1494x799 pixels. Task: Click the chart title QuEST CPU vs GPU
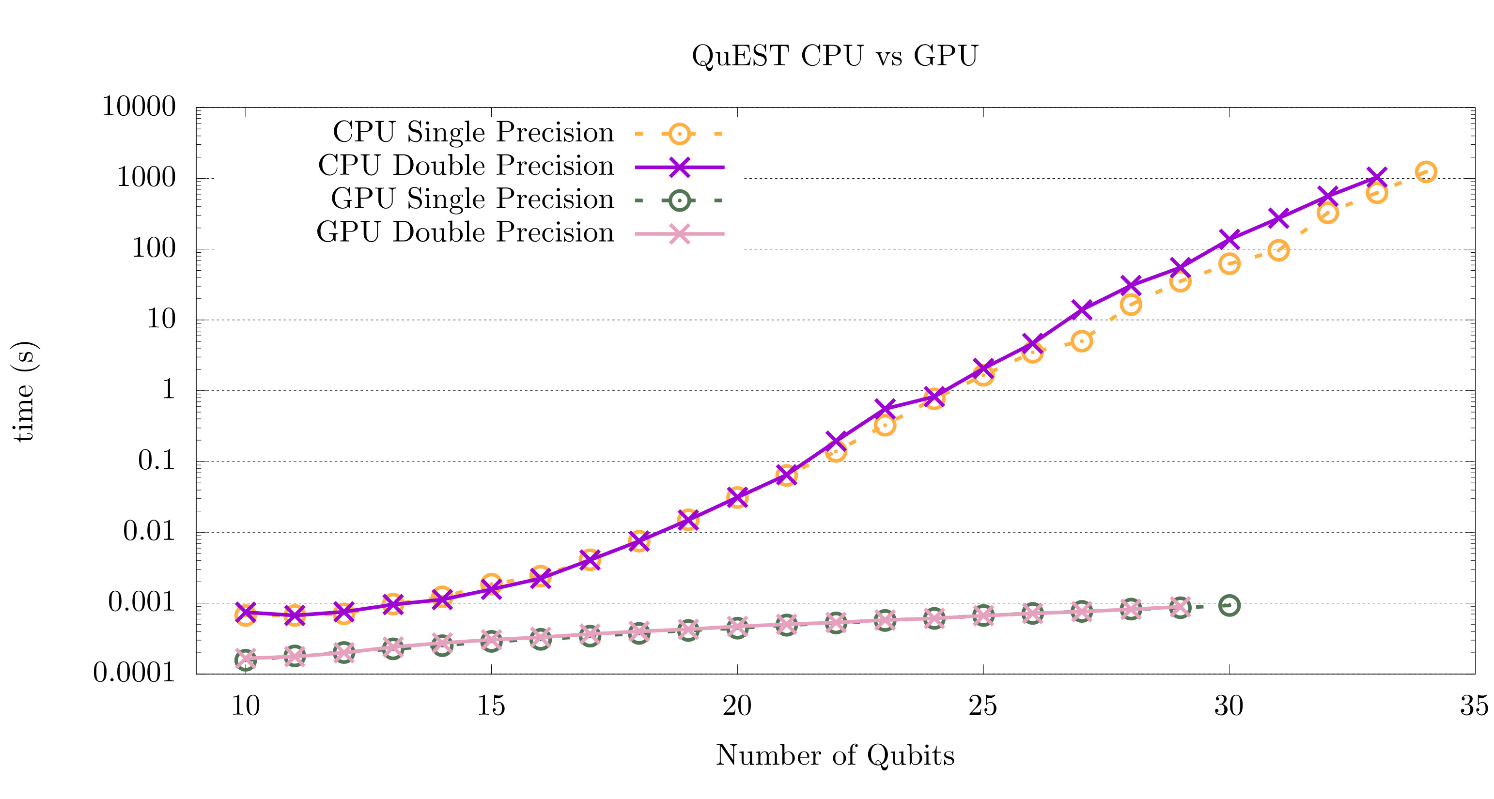click(x=835, y=56)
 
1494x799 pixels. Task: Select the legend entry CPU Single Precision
click(x=473, y=133)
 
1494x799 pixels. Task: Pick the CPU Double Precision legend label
click(x=466, y=167)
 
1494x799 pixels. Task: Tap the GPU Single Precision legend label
click(x=472, y=200)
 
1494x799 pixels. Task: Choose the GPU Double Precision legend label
click(x=465, y=233)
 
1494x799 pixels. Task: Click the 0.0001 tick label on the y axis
click(x=134, y=673)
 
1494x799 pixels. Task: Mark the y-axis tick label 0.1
click(x=156, y=461)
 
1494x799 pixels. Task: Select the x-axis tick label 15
click(x=491, y=706)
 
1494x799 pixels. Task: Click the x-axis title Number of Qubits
click(x=835, y=755)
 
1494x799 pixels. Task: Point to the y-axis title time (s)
click(x=24, y=391)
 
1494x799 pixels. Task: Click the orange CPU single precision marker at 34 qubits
click(x=1426, y=171)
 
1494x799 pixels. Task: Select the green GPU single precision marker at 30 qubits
click(x=1229, y=605)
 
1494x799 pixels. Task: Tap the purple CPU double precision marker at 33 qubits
click(x=1376, y=177)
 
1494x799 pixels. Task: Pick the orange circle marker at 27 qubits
click(x=1082, y=341)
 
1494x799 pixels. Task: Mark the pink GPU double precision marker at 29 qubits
click(x=1180, y=607)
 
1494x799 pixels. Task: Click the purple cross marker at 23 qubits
click(x=885, y=408)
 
